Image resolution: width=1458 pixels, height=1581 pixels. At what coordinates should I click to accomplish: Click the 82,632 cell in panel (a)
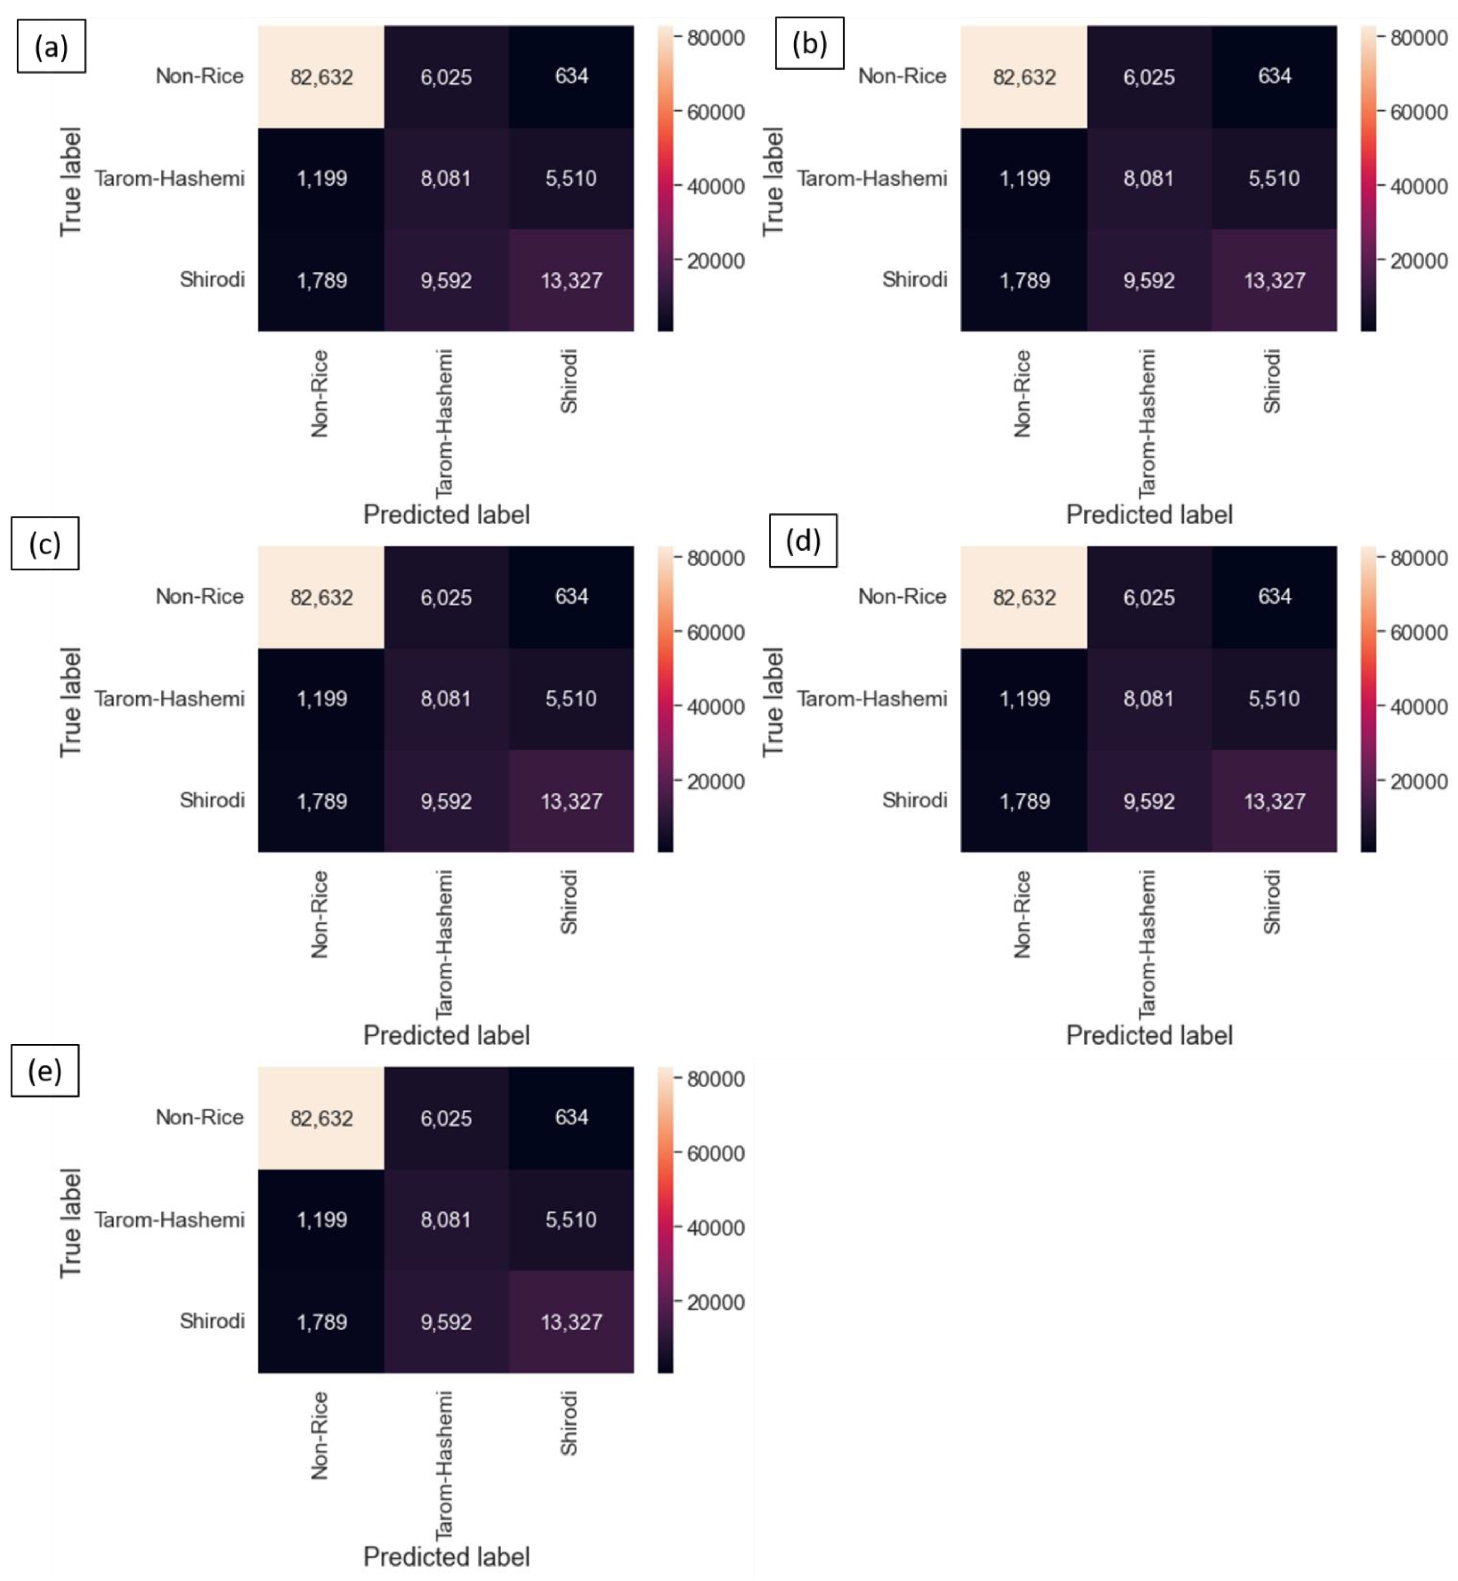tap(321, 77)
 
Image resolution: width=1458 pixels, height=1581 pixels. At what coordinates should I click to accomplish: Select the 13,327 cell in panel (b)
tap(1274, 280)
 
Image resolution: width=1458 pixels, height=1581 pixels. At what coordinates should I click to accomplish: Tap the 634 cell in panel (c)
tap(571, 596)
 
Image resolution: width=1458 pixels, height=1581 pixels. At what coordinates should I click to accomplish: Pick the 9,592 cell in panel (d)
tap(1149, 801)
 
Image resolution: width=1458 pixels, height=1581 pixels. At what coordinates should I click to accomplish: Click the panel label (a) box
tap(51, 47)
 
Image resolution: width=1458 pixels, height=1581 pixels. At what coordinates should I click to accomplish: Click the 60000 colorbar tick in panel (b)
tap(1418, 112)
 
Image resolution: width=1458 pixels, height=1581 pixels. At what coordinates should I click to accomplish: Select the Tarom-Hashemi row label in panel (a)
tap(170, 178)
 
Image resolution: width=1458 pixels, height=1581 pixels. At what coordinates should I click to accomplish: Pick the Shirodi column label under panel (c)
tap(569, 902)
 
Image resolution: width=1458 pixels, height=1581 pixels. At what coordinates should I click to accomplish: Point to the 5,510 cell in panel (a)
tap(571, 178)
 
